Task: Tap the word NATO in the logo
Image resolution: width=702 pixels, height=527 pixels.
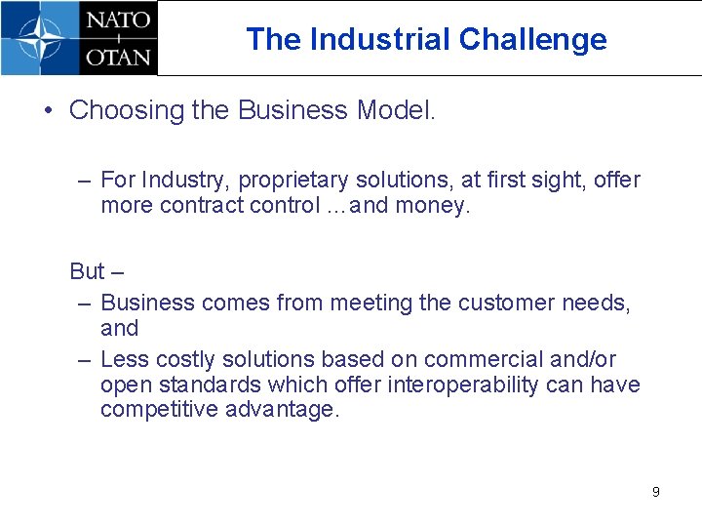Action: point(118,20)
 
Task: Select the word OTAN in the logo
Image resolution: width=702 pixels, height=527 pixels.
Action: point(118,57)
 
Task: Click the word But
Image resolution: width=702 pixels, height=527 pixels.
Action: point(87,270)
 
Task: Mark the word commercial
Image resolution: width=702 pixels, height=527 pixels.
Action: point(459,360)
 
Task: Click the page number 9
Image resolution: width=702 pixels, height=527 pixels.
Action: point(655,492)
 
